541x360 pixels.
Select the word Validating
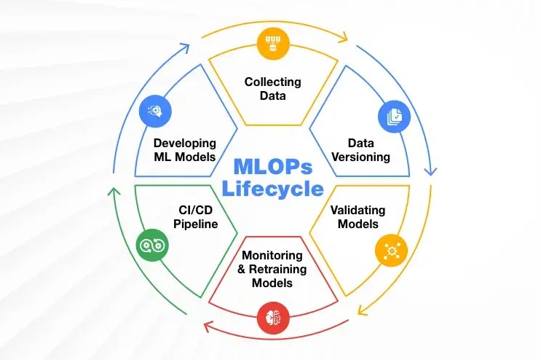pos(358,210)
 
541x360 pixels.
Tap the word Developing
pos(185,142)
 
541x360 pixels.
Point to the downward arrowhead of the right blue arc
pos(431,173)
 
